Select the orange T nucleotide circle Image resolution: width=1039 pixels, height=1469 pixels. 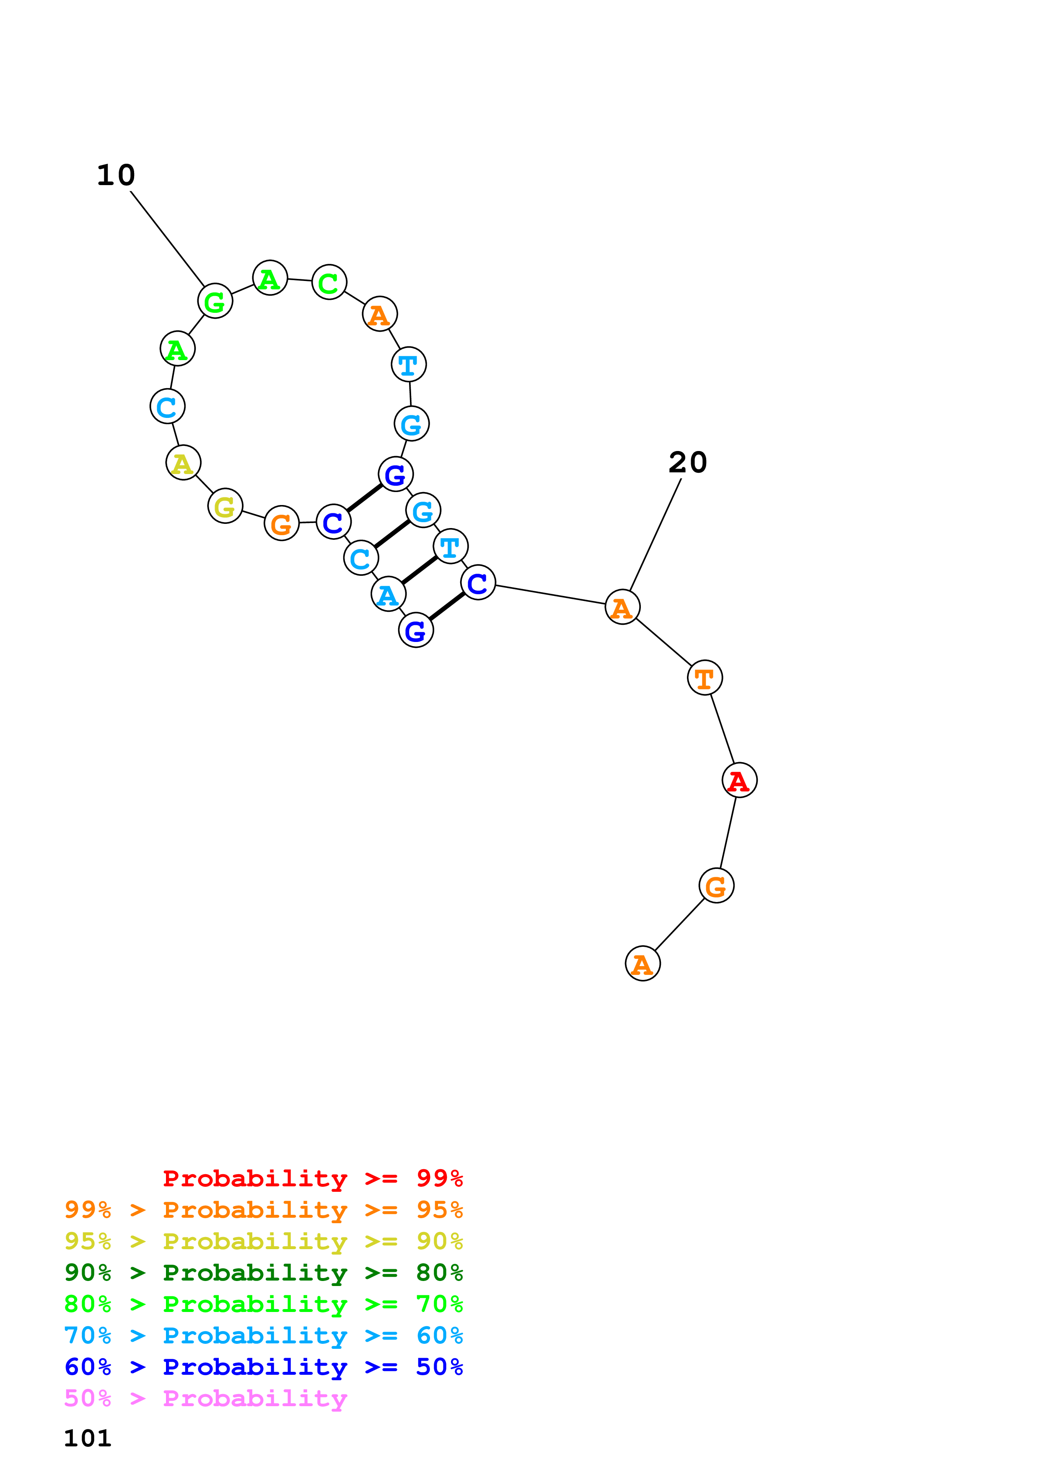click(705, 678)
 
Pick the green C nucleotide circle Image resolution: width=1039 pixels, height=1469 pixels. click(329, 282)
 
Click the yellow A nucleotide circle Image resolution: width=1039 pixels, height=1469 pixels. click(184, 463)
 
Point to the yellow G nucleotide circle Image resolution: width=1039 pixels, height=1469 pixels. click(225, 506)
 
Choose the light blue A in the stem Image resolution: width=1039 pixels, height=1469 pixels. click(389, 594)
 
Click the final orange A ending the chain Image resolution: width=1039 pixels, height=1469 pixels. click(643, 964)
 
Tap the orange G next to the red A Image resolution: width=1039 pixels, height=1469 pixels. click(716, 886)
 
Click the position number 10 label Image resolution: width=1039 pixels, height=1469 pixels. click(116, 175)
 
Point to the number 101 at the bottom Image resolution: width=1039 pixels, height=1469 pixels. click(88, 1438)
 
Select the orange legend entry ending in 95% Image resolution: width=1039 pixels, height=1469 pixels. click(264, 1209)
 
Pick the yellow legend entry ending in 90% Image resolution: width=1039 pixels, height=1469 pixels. click(264, 1241)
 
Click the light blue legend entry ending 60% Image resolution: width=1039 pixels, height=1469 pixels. click(264, 1335)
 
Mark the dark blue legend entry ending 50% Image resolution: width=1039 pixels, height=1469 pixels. click(264, 1367)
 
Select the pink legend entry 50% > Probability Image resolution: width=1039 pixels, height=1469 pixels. click(205, 1398)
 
